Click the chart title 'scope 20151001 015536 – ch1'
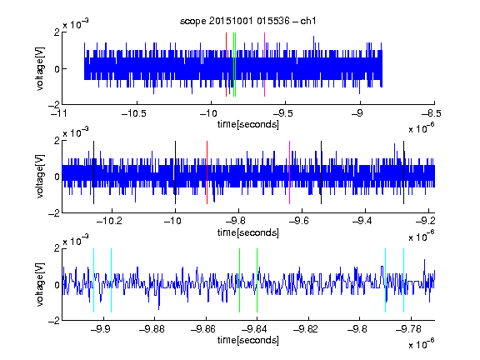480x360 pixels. click(x=248, y=21)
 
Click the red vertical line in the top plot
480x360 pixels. click(x=226, y=65)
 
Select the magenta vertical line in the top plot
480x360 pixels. click(x=264, y=65)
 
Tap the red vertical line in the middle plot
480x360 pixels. click(x=207, y=172)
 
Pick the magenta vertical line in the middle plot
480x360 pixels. click(x=290, y=172)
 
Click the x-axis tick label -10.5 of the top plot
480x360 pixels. click(x=134, y=114)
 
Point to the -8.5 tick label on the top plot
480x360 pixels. click(x=432, y=114)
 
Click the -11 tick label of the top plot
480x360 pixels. click(x=59, y=114)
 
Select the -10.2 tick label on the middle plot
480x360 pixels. click(x=109, y=221)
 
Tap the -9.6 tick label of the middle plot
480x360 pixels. click(x=299, y=221)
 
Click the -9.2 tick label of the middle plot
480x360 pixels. click(x=426, y=221)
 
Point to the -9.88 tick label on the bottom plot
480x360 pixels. click(x=152, y=329)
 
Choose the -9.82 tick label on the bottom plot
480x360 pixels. click(x=306, y=329)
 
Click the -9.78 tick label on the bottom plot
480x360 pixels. click(x=408, y=329)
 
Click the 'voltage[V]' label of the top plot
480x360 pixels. click(x=40, y=68)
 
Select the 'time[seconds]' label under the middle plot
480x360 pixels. click(x=248, y=232)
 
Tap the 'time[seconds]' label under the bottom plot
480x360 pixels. click(x=248, y=340)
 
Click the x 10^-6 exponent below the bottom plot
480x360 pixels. click(x=422, y=344)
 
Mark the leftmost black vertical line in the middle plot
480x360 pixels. click(x=93, y=172)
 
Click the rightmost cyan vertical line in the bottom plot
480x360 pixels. click(x=403, y=280)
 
